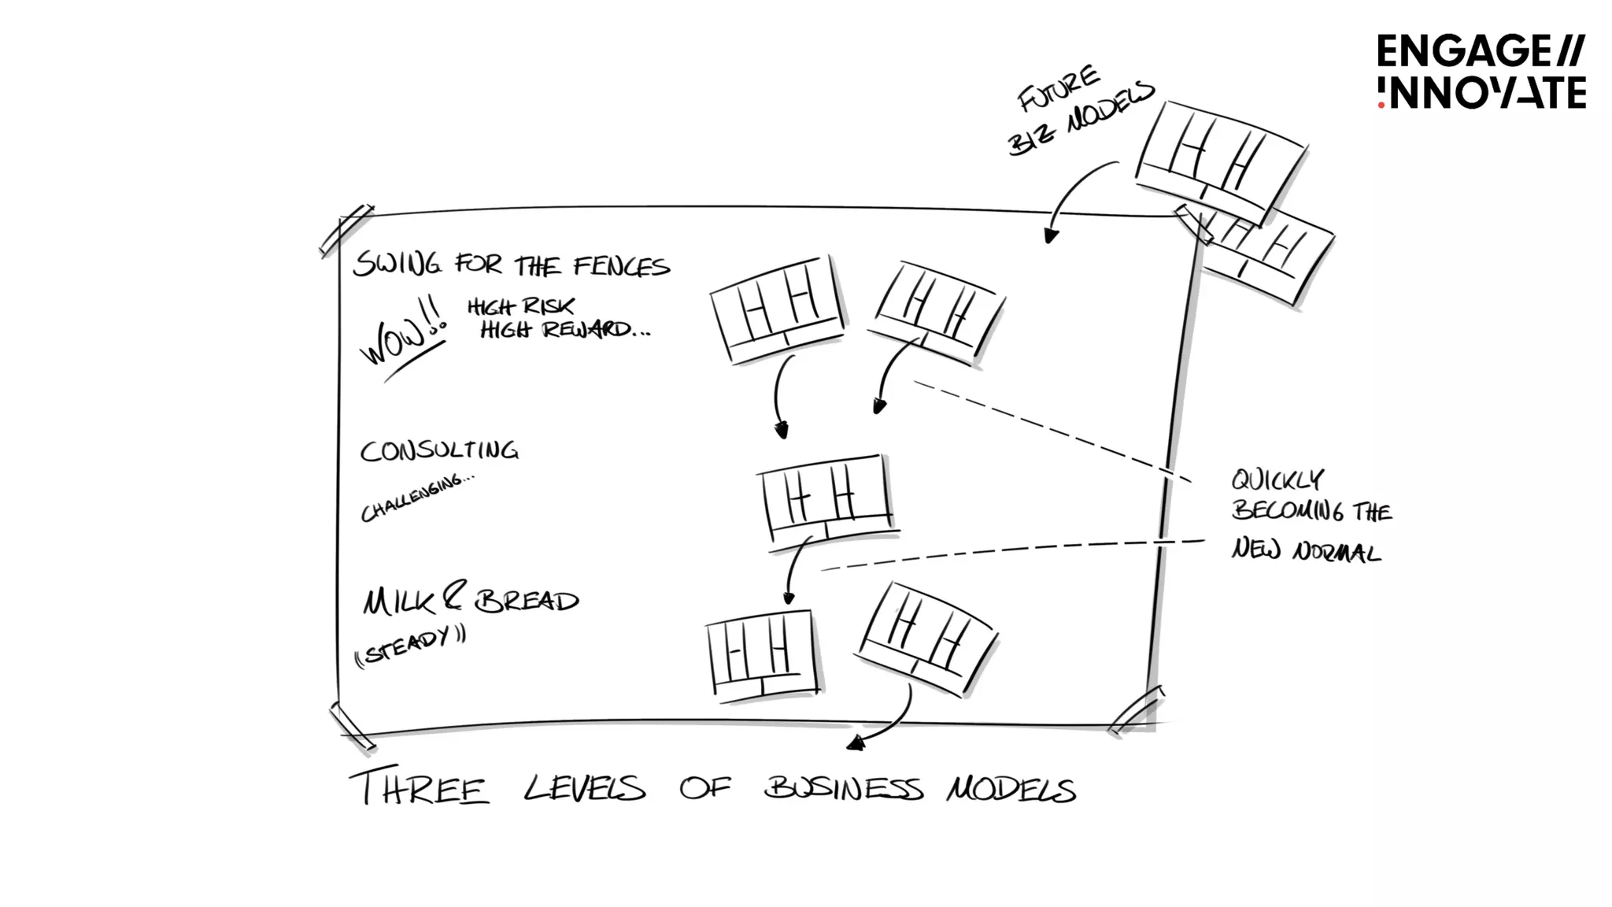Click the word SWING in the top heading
[x=397, y=264]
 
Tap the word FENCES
[x=621, y=267]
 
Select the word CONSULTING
[x=439, y=450]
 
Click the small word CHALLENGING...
[x=417, y=497]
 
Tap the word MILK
[x=398, y=602]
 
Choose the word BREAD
[x=527, y=602]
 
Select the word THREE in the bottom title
[x=420, y=787]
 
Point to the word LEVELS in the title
[x=585, y=788]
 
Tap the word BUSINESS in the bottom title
[x=843, y=788]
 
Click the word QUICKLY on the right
[x=1277, y=479]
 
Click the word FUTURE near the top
[x=1058, y=89]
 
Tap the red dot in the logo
[x=1381, y=104]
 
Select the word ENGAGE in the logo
[x=1462, y=52]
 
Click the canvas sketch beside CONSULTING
[x=826, y=498]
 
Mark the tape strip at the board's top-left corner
[x=346, y=230]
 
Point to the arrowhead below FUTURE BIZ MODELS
[x=1050, y=235]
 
